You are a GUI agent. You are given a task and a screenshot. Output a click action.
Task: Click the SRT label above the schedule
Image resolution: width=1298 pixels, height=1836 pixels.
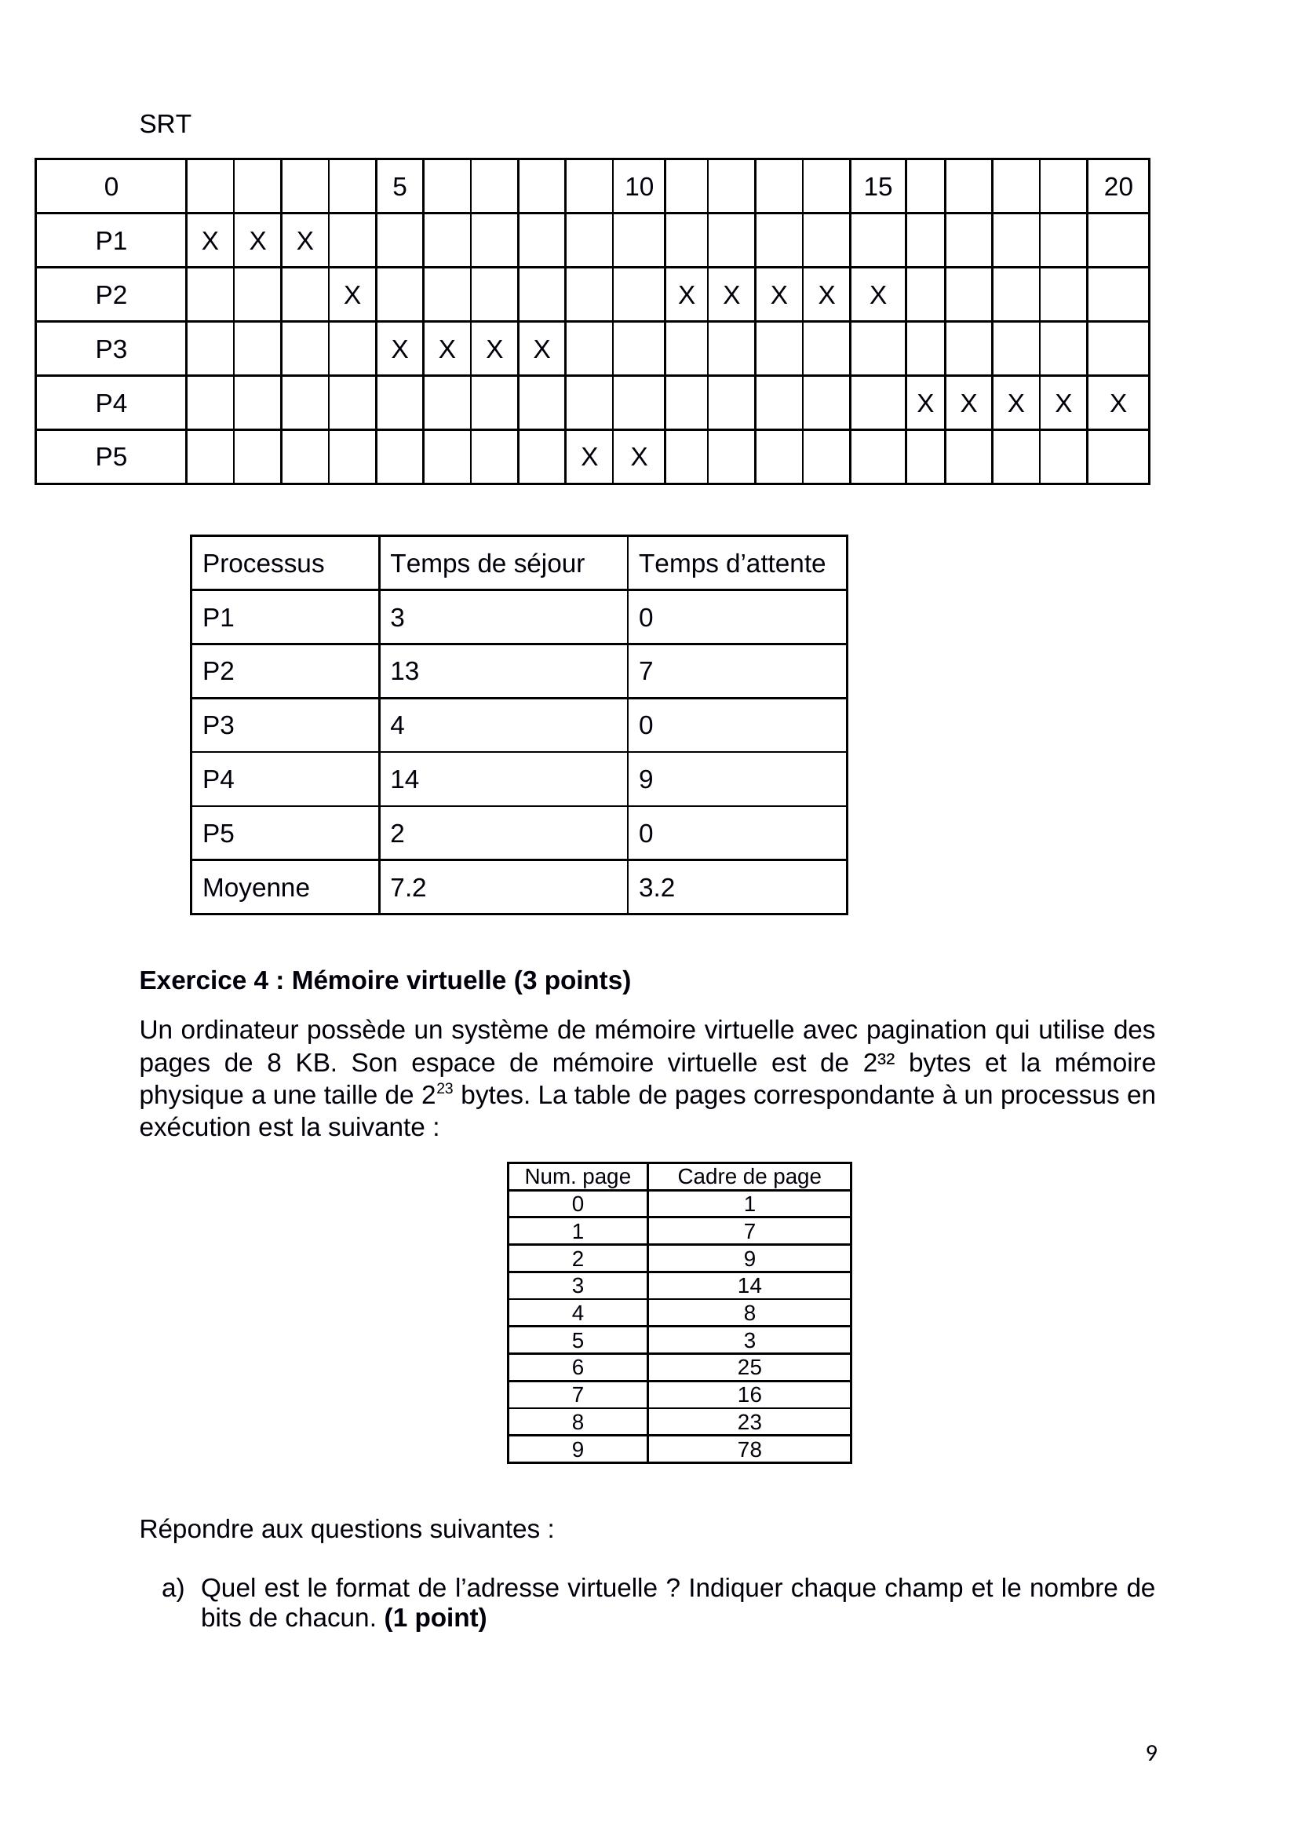pos(165,124)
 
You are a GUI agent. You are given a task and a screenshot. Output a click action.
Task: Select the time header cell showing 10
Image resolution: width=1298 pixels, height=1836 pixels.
pos(639,186)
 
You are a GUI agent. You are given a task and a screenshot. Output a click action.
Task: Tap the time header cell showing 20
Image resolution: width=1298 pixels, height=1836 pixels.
pos(1118,186)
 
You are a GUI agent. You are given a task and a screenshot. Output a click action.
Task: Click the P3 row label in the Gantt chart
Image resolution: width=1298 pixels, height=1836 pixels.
pos(111,349)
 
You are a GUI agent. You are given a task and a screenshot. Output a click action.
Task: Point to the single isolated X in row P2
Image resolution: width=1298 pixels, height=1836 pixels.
pos(352,295)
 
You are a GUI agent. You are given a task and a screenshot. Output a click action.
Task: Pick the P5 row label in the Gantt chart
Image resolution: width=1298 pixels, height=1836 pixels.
pos(111,457)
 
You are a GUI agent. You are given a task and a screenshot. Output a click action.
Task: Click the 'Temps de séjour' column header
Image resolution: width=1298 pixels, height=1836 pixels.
pos(487,564)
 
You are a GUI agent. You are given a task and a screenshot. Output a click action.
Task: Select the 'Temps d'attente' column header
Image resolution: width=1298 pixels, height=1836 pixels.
pos(731,564)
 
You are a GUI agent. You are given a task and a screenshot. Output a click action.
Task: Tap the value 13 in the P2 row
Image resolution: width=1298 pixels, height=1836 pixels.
pos(404,671)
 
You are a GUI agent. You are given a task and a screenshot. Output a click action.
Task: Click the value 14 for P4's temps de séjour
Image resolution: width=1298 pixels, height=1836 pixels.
pos(404,779)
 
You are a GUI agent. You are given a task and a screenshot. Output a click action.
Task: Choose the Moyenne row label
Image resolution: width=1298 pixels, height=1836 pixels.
pos(256,888)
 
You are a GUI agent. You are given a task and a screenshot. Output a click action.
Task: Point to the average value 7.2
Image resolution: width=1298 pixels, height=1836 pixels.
pos(407,888)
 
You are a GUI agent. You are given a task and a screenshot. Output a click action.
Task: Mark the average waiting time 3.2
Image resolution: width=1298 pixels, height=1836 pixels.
pos(656,888)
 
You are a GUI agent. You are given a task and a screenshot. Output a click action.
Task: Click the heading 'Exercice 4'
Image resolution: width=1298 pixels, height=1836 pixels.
pos(385,980)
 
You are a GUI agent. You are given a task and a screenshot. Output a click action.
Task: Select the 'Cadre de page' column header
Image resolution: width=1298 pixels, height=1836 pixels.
pos(749,1177)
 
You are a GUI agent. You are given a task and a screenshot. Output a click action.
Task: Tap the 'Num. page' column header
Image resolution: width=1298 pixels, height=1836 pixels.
pos(577,1177)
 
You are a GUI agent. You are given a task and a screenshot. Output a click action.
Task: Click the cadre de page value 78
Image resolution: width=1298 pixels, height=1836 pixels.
pos(749,1449)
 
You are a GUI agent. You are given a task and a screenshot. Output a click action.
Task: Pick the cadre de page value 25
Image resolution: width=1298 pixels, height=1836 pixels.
pos(749,1367)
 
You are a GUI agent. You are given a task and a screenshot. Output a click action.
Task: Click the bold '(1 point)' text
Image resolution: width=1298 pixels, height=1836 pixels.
pos(435,1618)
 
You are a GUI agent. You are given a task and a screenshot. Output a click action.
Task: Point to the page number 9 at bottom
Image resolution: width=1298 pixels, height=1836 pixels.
pos(1151,1753)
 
